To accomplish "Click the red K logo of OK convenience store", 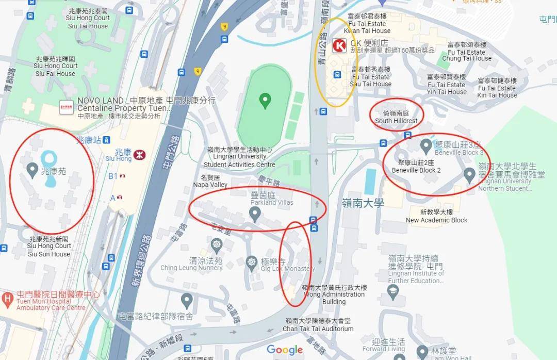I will click(x=340, y=46).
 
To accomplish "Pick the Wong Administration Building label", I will click(x=334, y=294).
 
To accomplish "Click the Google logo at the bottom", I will click(x=285, y=350).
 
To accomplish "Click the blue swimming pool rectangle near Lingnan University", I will click(x=370, y=181).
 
